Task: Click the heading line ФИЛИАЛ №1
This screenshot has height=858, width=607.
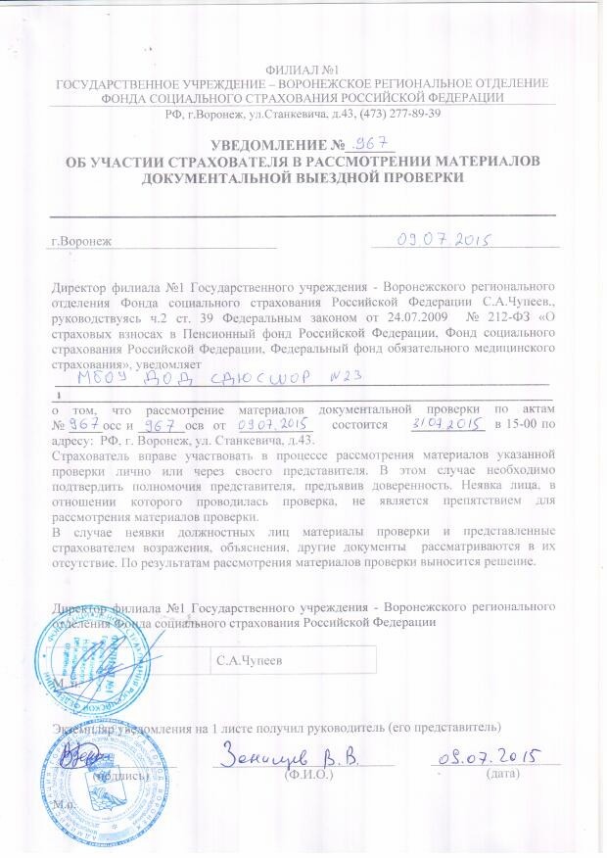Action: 303,71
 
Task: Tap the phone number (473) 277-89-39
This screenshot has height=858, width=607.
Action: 403,114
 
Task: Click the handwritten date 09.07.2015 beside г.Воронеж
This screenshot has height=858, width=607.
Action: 442,238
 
